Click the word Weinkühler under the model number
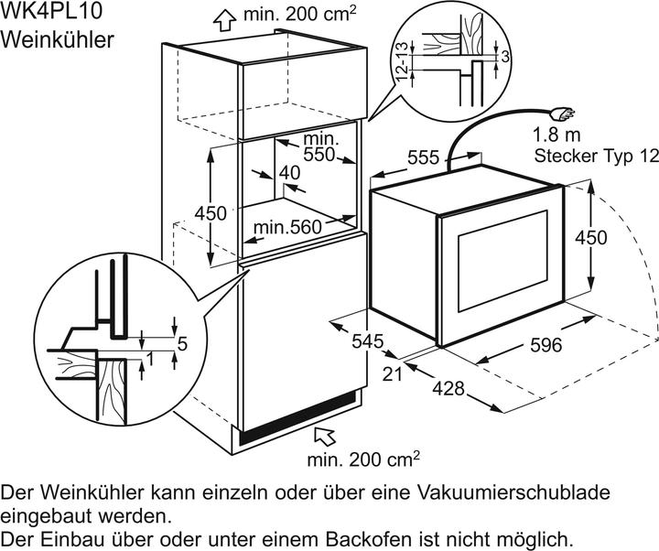(x=57, y=40)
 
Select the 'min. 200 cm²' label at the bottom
(x=363, y=456)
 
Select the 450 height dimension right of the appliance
(x=616, y=237)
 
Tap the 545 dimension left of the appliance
(x=367, y=341)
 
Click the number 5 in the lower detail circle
(x=181, y=344)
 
